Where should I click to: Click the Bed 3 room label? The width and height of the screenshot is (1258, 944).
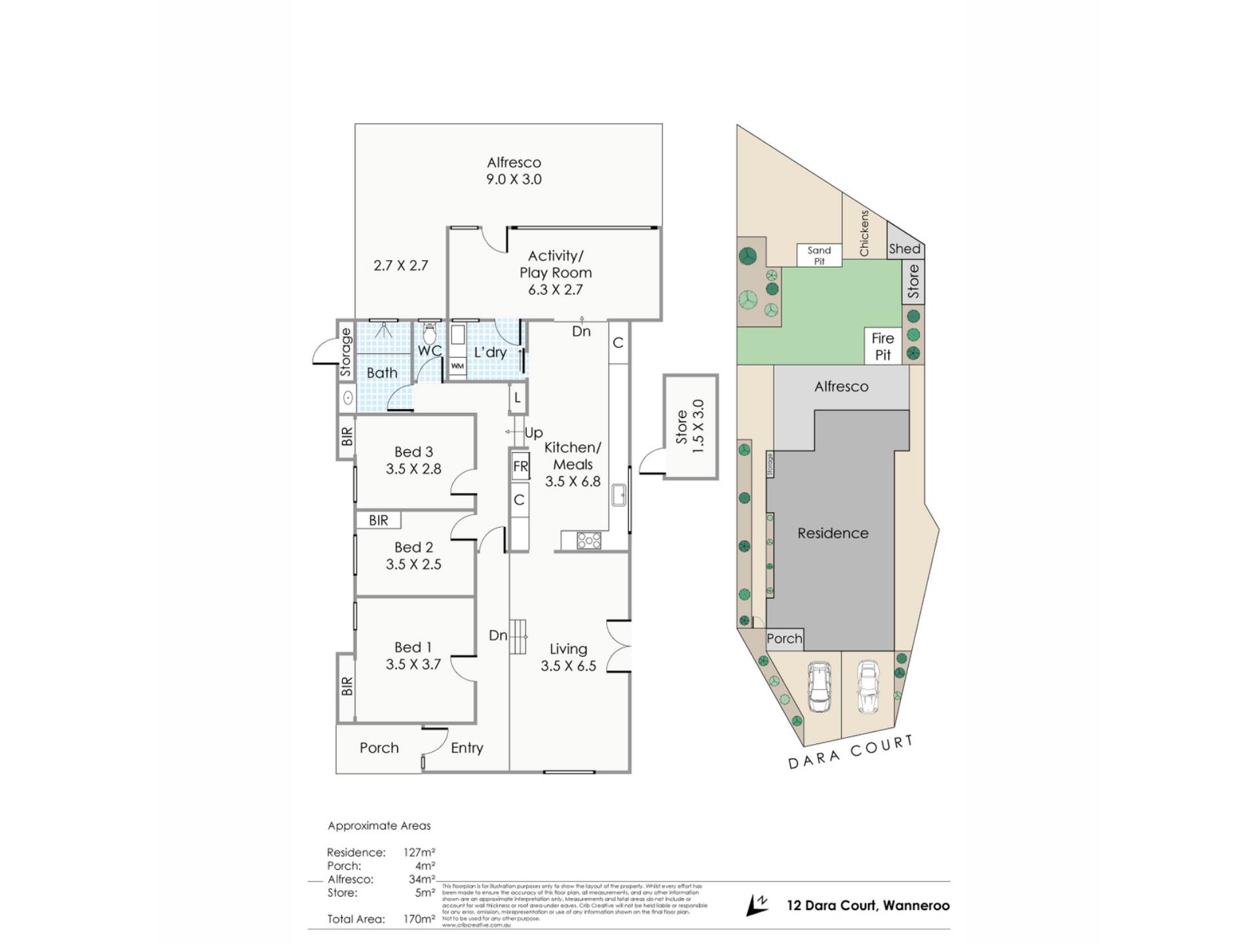coord(413,452)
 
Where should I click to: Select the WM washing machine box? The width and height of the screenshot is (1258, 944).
coord(457,366)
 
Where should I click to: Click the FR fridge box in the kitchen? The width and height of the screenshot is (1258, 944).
coord(520,467)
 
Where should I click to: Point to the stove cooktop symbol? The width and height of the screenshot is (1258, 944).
coord(588,541)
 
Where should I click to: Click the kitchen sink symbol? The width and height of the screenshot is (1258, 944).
coord(619,495)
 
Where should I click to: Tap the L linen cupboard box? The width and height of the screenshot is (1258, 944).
coord(518,398)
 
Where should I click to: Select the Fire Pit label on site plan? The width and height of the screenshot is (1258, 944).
coord(883,347)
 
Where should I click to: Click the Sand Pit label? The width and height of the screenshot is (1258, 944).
coord(819,256)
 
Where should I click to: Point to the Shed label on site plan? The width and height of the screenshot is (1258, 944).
coord(904,249)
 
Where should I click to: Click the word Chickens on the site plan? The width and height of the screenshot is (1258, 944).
coord(864,233)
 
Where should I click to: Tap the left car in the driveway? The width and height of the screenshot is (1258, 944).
coord(819,686)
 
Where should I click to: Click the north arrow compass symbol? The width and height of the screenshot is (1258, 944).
coord(757,905)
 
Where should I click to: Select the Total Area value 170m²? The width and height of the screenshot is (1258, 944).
coord(419,919)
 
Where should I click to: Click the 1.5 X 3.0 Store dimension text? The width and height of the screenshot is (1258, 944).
coord(698,427)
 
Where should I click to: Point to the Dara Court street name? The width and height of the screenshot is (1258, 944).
coord(850,752)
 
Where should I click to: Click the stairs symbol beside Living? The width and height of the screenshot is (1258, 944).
coord(519,636)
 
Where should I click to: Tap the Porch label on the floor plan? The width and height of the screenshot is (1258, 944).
coord(379,748)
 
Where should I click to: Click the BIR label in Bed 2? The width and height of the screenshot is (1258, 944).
coord(378,521)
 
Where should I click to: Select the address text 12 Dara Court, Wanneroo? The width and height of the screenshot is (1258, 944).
coord(867,906)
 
